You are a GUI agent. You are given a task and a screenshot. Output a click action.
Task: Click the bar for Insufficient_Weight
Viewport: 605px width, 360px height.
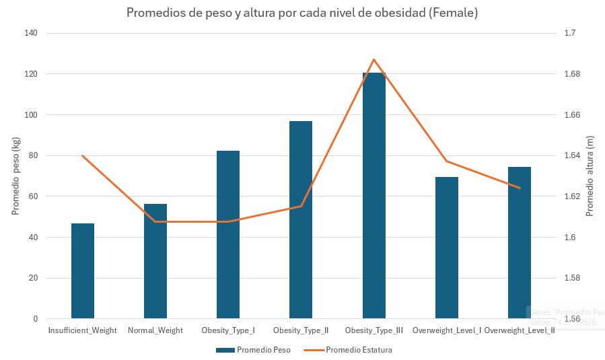pyautogui.click(x=83, y=271)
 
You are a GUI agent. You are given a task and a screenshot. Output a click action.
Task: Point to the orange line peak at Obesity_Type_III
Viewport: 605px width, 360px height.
pyautogui.click(x=374, y=60)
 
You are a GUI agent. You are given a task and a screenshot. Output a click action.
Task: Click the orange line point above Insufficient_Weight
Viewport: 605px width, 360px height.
pyautogui.click(x=83, y=155)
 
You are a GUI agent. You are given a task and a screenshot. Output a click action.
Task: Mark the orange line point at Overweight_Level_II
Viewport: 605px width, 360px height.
pyautogui.click(x=520, y=188)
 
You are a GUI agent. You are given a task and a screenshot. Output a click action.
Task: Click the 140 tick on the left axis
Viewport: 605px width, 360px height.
pyautogui.click(x=32, y=33)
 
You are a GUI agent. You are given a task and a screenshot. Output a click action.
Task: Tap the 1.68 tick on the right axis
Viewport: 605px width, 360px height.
pyautogui.click(x=571, y=74)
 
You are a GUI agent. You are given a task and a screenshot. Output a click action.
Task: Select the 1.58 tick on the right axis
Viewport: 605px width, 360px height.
pyautogui.click(x=571, y=278)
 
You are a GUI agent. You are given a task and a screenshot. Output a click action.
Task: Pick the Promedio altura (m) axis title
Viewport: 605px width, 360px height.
pyautogui.click(x=590, y=176)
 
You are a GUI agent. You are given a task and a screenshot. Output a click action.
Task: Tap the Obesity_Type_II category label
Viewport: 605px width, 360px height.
pyautogui.click(x=301, y=330)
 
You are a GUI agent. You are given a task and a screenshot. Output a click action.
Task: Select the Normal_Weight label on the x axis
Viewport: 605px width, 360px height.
pyautogui.click(x=155, y=330)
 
